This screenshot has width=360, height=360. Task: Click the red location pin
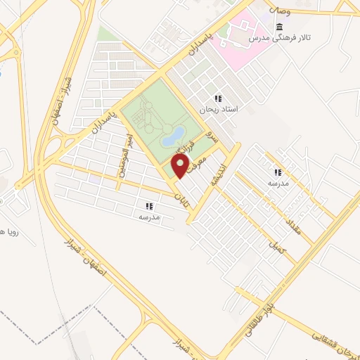(181, 167)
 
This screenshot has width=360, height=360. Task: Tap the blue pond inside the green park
(173, 135)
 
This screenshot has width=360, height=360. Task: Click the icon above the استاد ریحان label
(219, 98)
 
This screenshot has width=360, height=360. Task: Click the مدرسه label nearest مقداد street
(277, 183)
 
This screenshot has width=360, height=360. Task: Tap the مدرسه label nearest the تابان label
(148, 217)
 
